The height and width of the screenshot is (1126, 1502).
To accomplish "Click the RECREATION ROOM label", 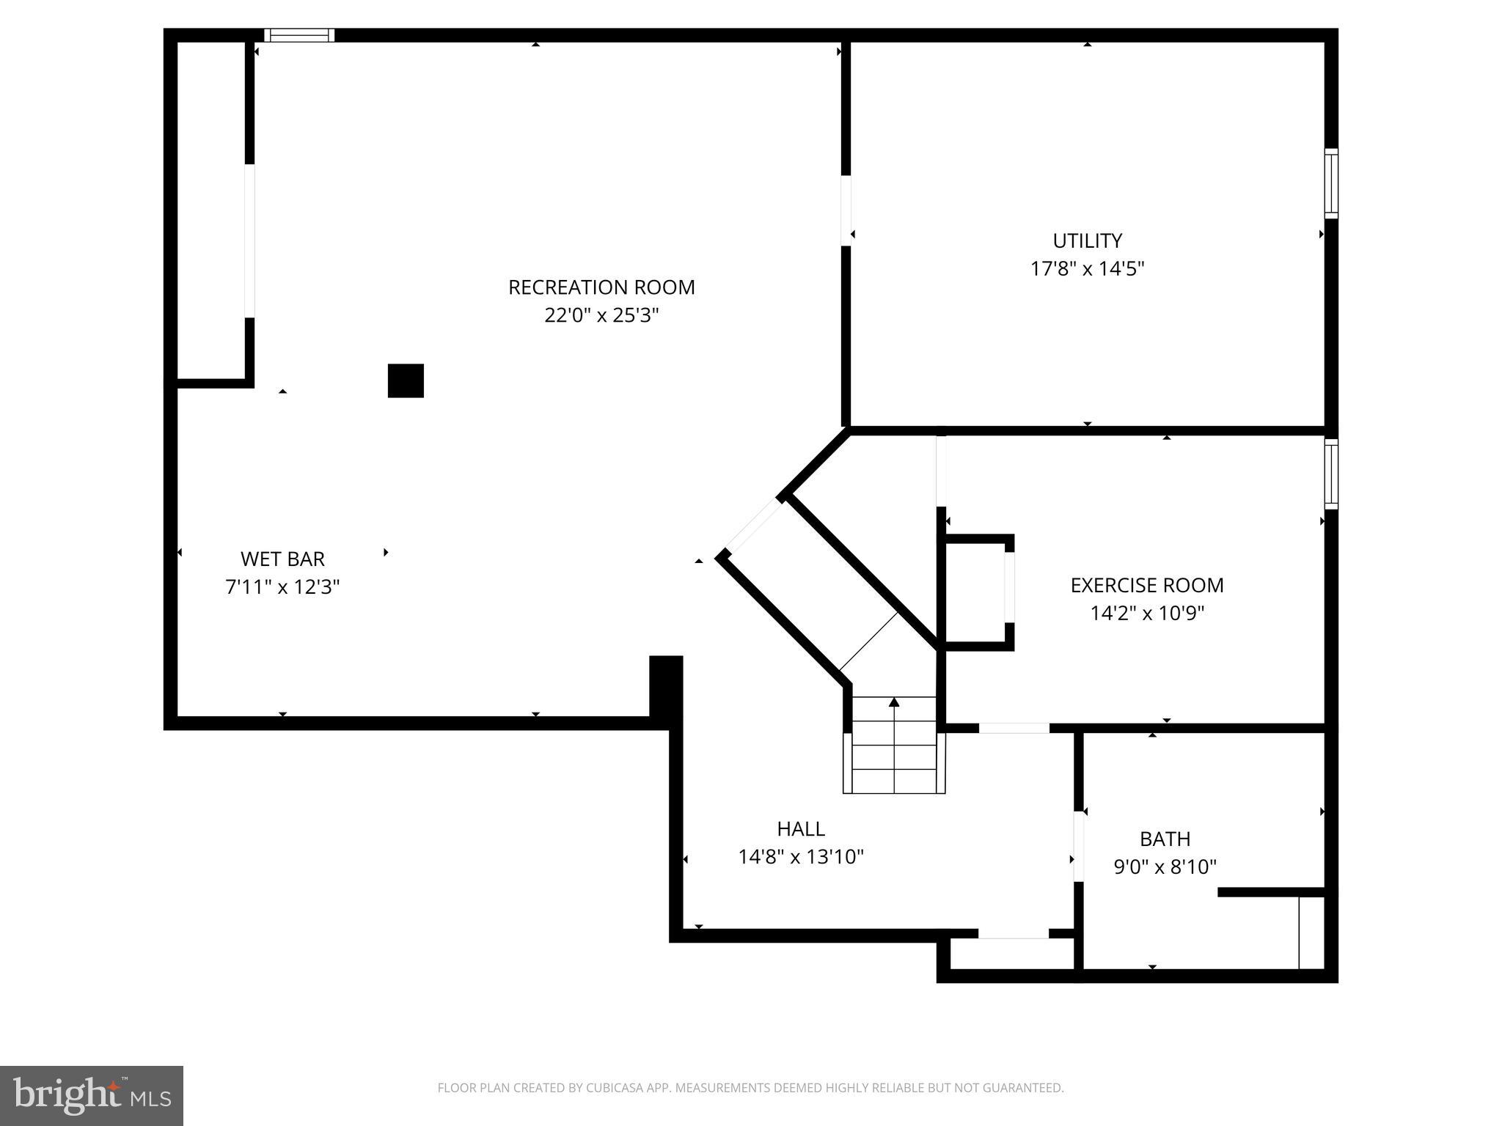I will coord(601,287).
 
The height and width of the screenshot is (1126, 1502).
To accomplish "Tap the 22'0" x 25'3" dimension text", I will coord(601,315).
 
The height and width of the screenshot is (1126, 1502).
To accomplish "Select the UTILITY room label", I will coord(1087,240).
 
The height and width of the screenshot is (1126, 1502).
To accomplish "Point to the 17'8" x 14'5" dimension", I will coord(1087,269).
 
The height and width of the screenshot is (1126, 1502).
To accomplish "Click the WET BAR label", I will coord(282,559).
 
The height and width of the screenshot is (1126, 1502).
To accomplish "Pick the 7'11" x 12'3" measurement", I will coord(282,587).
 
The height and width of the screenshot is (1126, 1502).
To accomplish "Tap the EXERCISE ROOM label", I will coord(1146,585).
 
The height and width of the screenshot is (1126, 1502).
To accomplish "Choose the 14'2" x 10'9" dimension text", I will coord(1146,613).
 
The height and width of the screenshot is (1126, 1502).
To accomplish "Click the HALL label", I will coord(801,828).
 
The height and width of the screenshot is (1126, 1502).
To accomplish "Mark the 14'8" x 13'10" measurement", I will coord(801,857).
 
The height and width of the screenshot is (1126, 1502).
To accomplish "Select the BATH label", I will coord(1165,839).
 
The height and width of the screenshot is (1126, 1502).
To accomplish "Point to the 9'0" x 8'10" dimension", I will coord(1165,867).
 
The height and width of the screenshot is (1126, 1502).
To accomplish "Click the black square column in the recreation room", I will coord(406,380).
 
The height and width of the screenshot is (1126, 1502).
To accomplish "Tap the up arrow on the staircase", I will coord(893,702).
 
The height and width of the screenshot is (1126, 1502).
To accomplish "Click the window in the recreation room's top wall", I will coord(298,35).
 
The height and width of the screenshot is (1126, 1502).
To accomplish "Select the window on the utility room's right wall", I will coord(1330,183).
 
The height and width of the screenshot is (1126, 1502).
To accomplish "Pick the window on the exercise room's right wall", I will coord(1330,474).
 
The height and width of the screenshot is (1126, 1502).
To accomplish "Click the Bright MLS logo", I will coord(91,1095).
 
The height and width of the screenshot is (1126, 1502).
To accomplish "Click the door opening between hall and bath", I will coord(1078,846).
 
